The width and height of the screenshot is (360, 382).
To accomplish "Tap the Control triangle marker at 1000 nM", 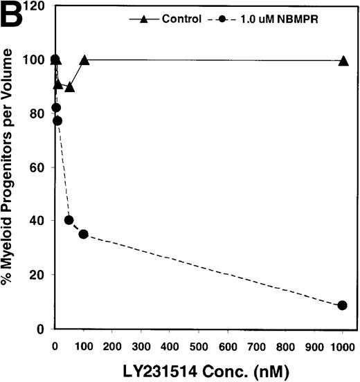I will pos(343,61).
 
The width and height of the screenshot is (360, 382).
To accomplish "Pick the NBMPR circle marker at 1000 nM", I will pos(343,305).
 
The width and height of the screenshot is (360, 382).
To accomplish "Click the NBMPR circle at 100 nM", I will pos(84,234).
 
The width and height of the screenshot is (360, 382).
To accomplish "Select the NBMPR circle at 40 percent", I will pos(69,220).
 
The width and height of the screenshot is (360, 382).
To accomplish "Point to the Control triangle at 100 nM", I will pos(84,60).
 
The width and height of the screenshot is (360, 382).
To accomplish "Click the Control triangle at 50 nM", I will pos(69,87).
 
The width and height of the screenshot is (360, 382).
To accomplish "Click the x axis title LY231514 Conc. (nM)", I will pos(199,369).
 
